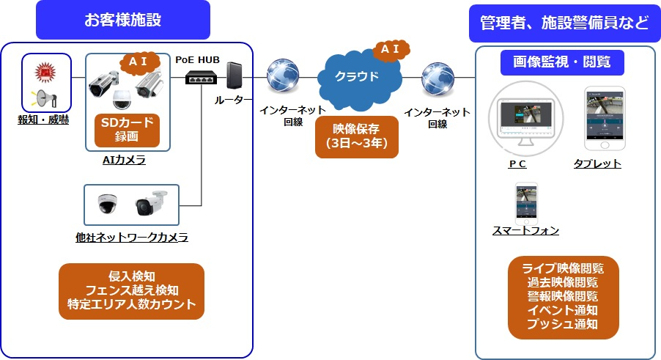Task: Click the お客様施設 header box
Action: (123, 20)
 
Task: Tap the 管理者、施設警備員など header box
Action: (564, 23)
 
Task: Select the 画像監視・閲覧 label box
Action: (562, 62)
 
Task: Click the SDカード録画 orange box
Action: (128, 129)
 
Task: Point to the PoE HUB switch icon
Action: (200, 76)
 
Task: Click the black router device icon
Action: (234, 77)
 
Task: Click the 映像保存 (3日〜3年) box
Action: (356, 137)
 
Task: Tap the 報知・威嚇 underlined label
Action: (43, 120)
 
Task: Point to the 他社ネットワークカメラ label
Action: (132, 237)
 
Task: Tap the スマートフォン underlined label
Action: (525, 231)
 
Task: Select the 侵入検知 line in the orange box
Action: (131, 276)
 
